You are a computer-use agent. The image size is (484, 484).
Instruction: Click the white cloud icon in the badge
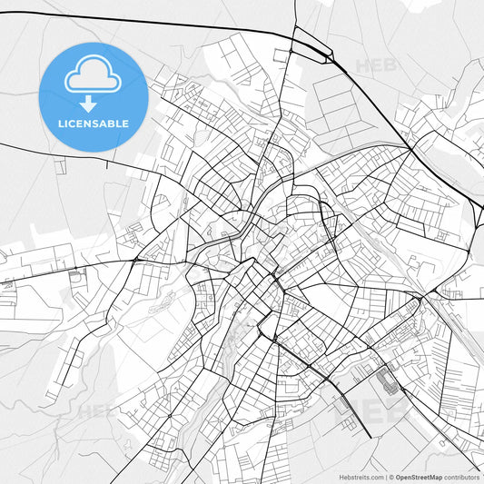(x=94, y=74)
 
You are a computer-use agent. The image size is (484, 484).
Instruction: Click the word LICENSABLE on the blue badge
(x=94, y=123)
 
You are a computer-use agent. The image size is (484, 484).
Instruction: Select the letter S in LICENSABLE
(x=98, y=123)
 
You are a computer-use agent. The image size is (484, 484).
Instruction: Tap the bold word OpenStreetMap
(x=418, y=476)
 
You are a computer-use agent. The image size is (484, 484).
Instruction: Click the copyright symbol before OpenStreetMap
(x=390, y=476)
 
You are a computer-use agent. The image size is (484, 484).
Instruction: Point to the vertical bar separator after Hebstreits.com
(x=384, y=476)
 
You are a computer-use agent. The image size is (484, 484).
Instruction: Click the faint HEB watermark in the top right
(x=374, y=65)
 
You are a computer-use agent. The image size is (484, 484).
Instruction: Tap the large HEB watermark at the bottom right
(x=370, y=410)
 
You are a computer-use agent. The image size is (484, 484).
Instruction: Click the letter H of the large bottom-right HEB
(x=349, y=410)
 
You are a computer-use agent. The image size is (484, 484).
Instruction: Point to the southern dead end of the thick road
(x=370, y=436)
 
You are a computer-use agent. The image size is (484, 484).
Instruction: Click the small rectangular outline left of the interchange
(x=281, y=54)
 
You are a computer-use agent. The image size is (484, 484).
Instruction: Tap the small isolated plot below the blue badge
(x=60, y=166)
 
